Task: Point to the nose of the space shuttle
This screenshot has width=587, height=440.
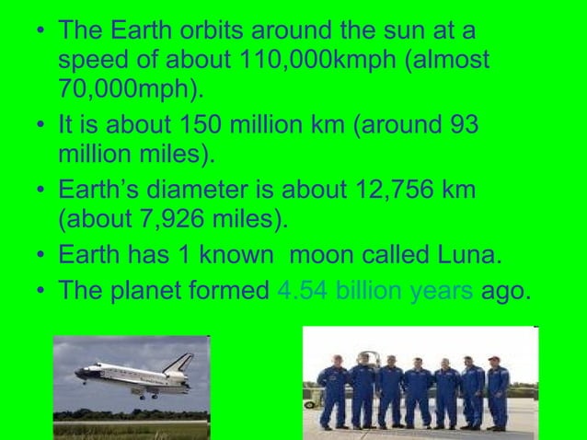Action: coord(78,374)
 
